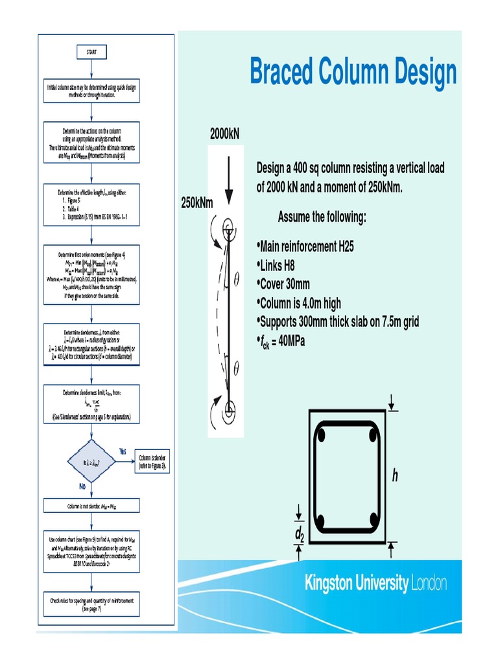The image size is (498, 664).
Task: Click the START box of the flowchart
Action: [x=92, y=52]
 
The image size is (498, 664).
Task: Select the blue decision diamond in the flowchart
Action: [x=91, y=462]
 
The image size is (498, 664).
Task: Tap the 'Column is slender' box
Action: [x=151, y=462]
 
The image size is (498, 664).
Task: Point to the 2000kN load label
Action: [x=224, y=134]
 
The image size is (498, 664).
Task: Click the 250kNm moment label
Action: [x=196, y=203]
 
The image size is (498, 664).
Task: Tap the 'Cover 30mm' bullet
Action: [x=285, y=284]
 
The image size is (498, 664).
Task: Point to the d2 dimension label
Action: [x=299, y=534]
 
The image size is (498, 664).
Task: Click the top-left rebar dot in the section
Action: [x=321, y=434]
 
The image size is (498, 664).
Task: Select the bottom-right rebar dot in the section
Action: [x=373, y=521]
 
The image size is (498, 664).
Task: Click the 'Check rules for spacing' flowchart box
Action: [x=92, y=604]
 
